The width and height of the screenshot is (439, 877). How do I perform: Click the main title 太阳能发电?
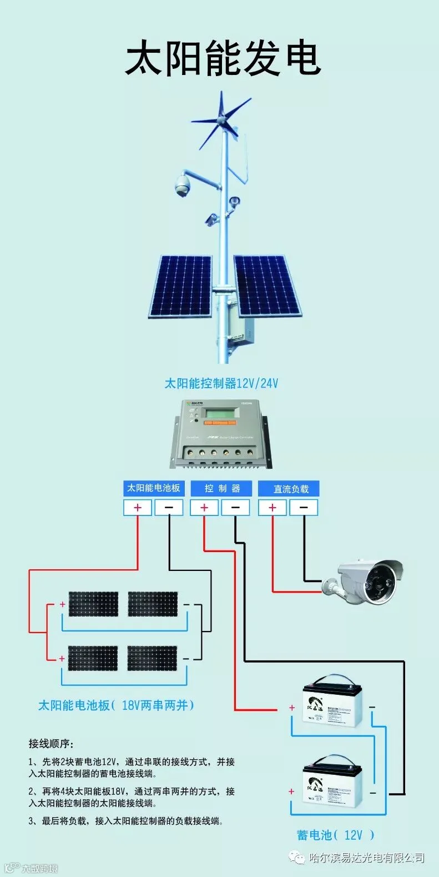pyautogui.click(x=223, y=59)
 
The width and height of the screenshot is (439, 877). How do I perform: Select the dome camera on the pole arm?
pyautogui.click(x=183, y=186)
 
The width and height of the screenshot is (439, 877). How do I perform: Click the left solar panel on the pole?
pyautogui.click(x=181, y=286)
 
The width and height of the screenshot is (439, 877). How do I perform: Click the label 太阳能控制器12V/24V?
pyautogui.click(x=221, y=383)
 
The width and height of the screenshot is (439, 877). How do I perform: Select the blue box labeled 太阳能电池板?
pyautogui.click(x=153, y=488)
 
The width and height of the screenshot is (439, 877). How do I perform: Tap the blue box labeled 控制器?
pyautogui.click(x=221, y=488)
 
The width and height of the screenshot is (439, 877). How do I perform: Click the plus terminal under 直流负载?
pyautogui.click(x=272, y=508)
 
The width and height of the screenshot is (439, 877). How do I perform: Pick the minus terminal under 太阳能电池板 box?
pyautogui.click(x=169, y=507)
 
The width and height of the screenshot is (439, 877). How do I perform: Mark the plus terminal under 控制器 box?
pyautogui.click(x=204, y=508)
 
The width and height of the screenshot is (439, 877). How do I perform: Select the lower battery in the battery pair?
pyautogui.click(x=332, y=783)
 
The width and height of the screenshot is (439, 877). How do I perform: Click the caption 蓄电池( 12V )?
pyautogui.click(x=335, y=835)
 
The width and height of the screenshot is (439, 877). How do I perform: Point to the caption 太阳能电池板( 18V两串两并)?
pyautogui.click(x=116, y=705)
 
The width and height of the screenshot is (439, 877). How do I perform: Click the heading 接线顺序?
pyautogui.click(x=51, y=744)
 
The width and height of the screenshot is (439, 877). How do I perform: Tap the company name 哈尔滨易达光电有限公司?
pyautogui.click(x=366, y=858)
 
